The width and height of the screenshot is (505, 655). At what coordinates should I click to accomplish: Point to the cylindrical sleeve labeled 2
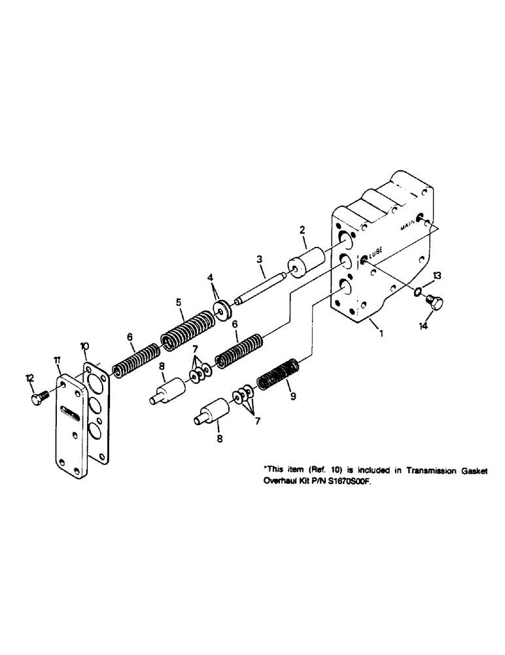click(306, 260)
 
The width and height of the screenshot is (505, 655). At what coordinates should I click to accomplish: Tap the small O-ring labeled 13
click(415, 290)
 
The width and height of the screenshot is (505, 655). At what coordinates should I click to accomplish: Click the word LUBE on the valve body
click(376, 250)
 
